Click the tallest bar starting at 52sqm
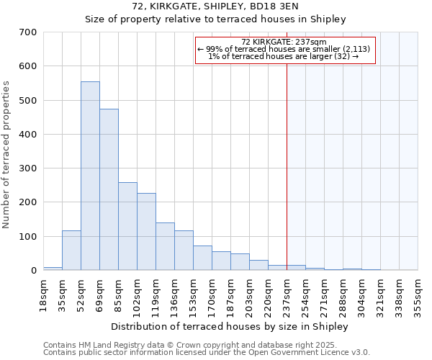pos(90,176)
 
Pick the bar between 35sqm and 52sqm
pos(71,250)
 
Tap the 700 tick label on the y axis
pos(28,32)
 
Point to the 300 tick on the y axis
pos(28,168)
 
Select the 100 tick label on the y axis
pos(28,237)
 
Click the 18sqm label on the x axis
pos(44,293)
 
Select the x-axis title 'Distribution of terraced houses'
pos(230,326)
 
